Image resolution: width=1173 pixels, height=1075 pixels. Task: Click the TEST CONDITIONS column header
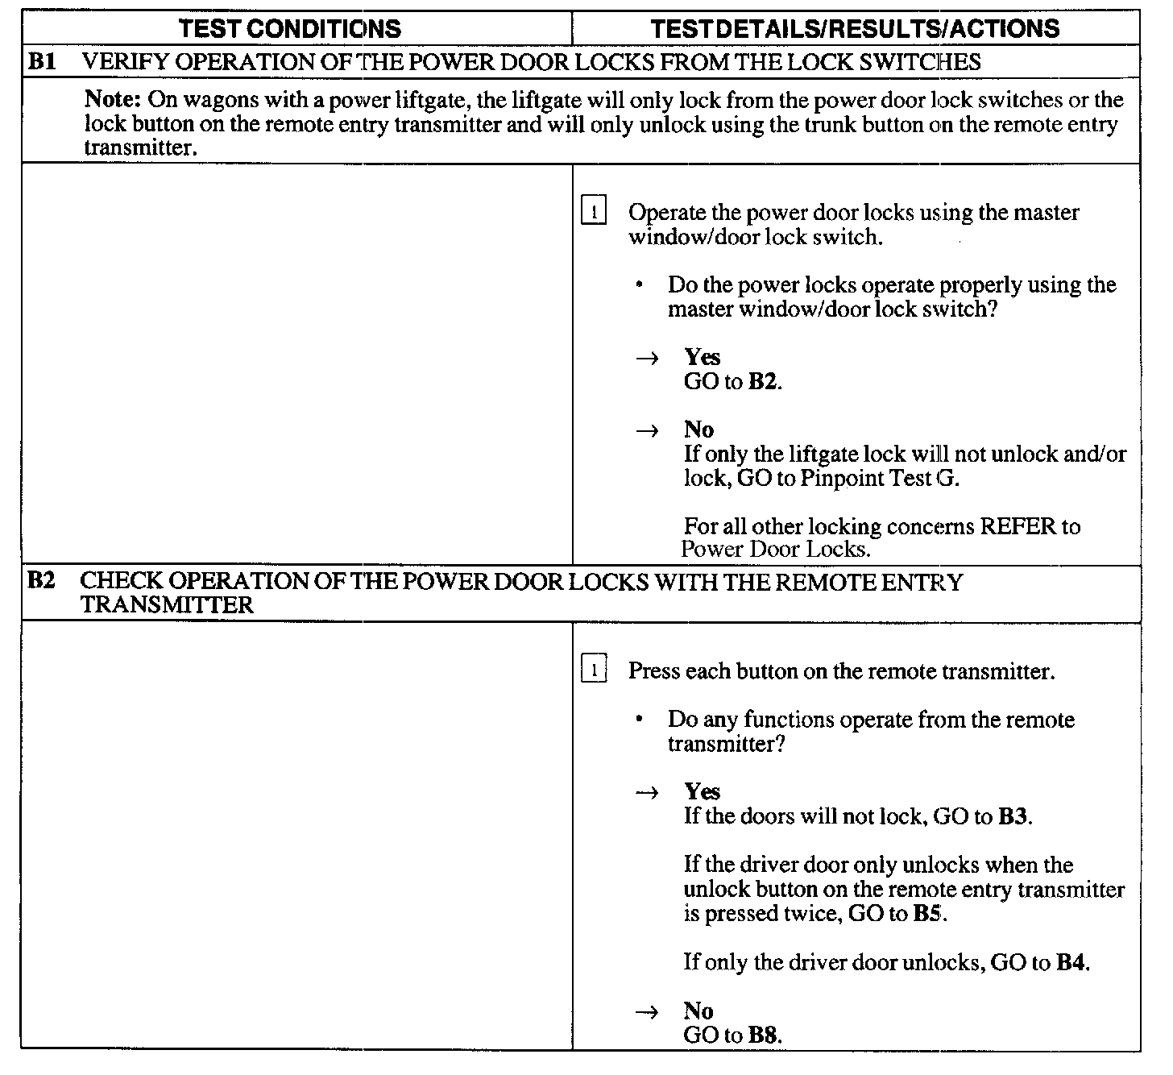point(290,29)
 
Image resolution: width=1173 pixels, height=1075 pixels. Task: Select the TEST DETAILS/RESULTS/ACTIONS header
point(855,29)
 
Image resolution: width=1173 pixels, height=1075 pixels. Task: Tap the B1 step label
point(42,61)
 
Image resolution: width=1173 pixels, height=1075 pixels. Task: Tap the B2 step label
point(42,580)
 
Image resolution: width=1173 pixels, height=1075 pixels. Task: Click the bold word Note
point(114,100)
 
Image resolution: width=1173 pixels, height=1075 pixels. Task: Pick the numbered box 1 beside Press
point(594,670)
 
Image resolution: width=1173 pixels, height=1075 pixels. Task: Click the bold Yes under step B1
point(702,357)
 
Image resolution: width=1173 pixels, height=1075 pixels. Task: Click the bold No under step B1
point(698,430)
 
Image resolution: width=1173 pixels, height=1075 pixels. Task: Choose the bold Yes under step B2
point(702,791)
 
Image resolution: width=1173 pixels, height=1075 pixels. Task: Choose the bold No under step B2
point(698,1011)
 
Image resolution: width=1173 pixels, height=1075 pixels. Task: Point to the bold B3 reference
point(1013,816)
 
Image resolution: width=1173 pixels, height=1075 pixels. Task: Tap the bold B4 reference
point(1071,962)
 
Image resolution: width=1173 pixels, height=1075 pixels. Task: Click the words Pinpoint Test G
point(880,479)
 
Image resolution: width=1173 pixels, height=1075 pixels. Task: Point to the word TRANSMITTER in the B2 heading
point(168,604)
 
